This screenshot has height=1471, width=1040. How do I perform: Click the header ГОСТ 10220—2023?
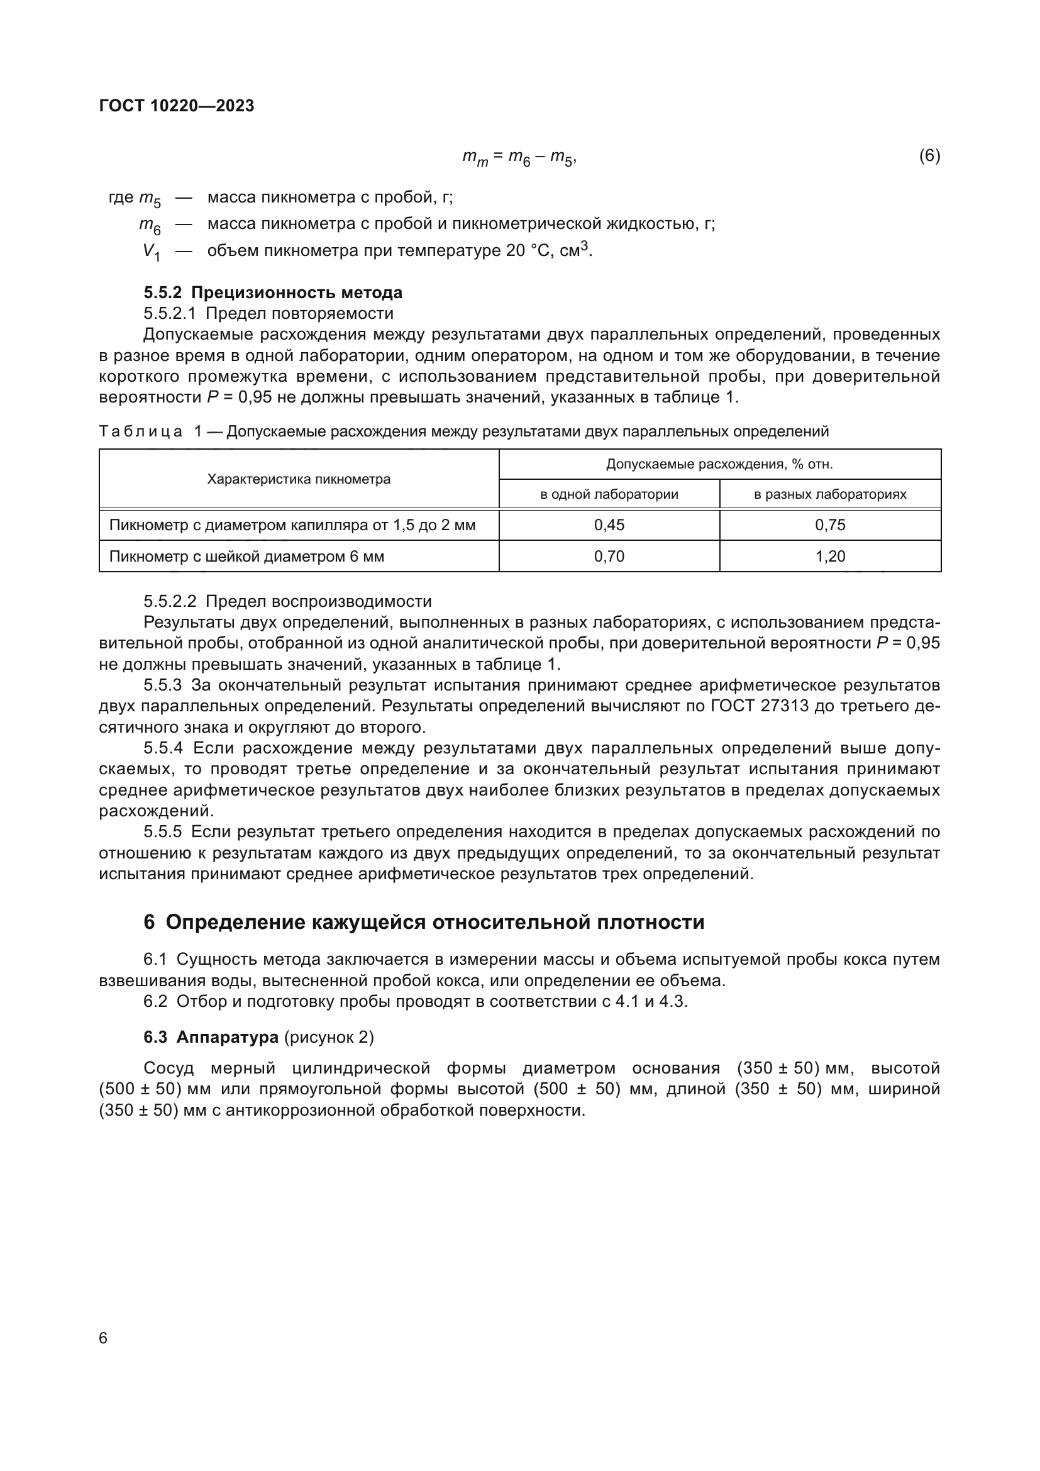177,106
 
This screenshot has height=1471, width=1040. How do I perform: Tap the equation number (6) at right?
929,156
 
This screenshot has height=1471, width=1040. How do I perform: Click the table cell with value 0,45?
609,525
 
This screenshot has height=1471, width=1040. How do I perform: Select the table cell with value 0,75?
830,525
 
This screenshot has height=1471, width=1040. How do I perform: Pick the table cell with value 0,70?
609,556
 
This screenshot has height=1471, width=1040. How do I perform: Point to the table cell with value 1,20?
830,556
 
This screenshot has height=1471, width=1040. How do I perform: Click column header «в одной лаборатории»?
609,494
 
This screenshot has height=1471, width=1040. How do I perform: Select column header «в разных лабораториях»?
830,494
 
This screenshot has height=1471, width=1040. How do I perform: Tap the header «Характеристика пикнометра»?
299,479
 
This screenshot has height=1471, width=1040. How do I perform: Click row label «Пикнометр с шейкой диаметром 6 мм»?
246,556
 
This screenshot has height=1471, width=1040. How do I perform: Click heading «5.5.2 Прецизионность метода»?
273,293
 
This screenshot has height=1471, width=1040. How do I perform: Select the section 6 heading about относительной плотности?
424,922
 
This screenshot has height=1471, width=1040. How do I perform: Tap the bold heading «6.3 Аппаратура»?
211,1036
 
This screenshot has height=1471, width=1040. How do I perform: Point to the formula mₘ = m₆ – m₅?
519,157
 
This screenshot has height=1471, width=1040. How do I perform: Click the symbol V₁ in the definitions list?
151,252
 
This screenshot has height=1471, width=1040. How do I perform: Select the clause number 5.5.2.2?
170,601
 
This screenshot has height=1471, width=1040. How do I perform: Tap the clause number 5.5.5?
163,831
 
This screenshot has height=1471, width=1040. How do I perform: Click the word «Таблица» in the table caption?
141,432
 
